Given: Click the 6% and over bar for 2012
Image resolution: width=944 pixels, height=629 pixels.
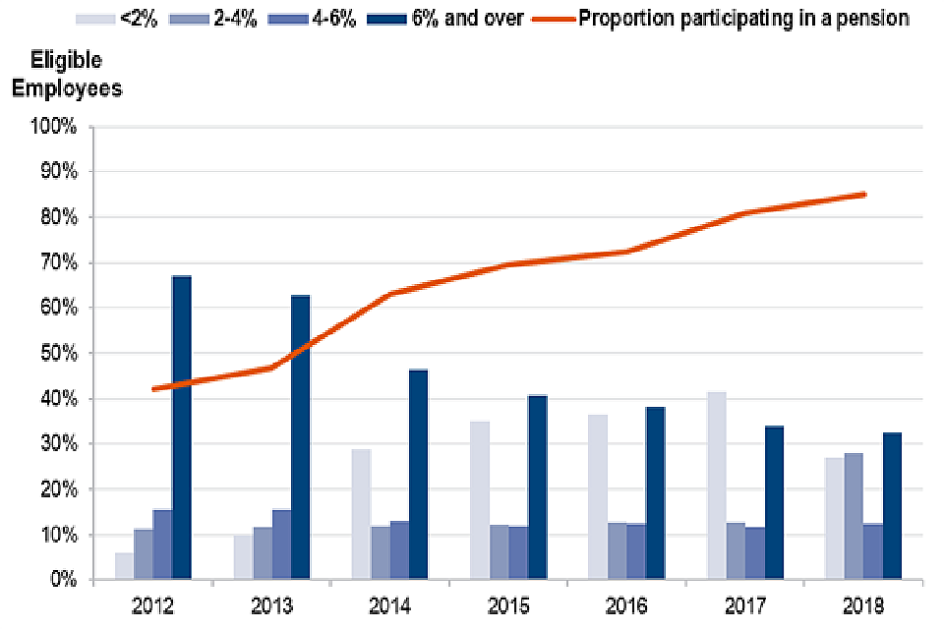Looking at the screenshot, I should pos(181,429).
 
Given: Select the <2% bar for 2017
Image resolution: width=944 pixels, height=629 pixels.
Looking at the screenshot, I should pos(716,486).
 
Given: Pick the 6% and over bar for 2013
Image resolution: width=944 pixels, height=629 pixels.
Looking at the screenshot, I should pos(300,438).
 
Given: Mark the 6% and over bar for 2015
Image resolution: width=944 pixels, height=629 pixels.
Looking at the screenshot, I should pos(537,488).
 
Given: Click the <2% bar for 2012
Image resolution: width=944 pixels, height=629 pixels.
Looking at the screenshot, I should pos(124,566).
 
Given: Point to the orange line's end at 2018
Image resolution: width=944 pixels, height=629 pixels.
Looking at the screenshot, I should pos(864,195).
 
